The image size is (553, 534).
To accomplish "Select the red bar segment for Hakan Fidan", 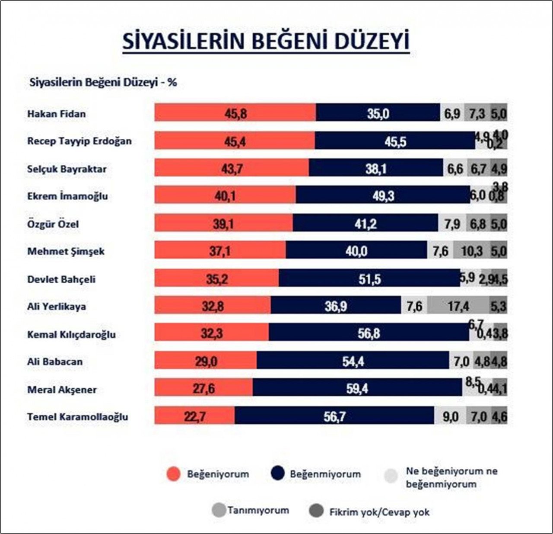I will pyautogui.click(x=235, y=113).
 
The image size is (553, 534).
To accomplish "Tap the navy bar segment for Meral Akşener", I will pyautogui.click(x=357, y=388).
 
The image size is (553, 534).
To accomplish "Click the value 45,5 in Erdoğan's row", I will pyautogui.click(x=395, y=141).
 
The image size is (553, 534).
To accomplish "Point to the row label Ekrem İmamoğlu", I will pyautogui.click(x=67, y=196).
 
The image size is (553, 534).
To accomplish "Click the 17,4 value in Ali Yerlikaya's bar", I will pyautogui.click(x=458, y=306).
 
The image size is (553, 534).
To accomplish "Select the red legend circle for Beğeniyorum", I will pyautogui.click(x=173, y=474).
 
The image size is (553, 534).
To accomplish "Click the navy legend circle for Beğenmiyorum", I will pyautogui.click(x=278, y=474).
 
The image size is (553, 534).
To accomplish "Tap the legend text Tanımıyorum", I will pyautogui.click(x=258, y=510).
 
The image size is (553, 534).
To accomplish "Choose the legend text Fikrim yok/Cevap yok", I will pyautogui.click(x=379, y=512).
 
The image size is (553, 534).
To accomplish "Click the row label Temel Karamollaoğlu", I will pyautogui.click(x=78, y=417).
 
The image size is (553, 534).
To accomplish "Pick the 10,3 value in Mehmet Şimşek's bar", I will pyautogui.click(x=472, y=251).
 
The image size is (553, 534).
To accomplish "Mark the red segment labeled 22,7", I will pyautogui.click(x=195, y=416).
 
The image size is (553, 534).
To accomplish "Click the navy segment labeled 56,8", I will pyautogui.click(x=369, y=333).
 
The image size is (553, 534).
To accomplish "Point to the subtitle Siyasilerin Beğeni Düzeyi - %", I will pyautogui.click(x=103, y=83).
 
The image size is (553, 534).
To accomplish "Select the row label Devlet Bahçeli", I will pyautogui.click(x=61, y=279).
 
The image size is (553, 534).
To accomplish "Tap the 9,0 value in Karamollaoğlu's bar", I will pyautogui.click(x=450, y=416).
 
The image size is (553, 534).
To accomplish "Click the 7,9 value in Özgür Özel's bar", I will pyautogui.click(x=452, y=224).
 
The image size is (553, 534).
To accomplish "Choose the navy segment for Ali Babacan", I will pyautogui.click(x=353, y=361).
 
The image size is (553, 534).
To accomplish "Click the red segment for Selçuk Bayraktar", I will pyautogui.click(x=232, y=169).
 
